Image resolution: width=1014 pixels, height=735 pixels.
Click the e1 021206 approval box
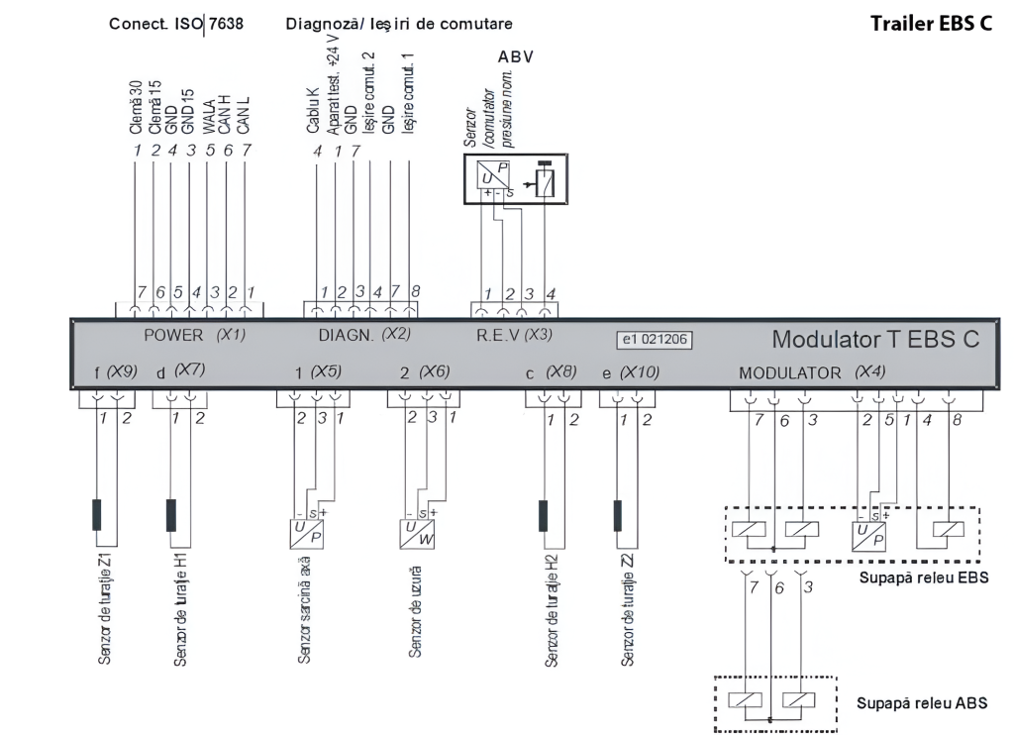point(654,341)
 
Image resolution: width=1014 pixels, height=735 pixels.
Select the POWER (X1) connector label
point(194,335)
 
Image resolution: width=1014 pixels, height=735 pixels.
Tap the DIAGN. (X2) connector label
point(364,335)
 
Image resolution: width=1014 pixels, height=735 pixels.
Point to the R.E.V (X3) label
point(514,335)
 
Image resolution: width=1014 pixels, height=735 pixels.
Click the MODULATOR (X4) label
point(804,373)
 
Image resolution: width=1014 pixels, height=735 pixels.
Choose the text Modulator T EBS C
point(875,340)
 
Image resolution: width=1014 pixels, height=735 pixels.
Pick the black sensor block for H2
point(544,515)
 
